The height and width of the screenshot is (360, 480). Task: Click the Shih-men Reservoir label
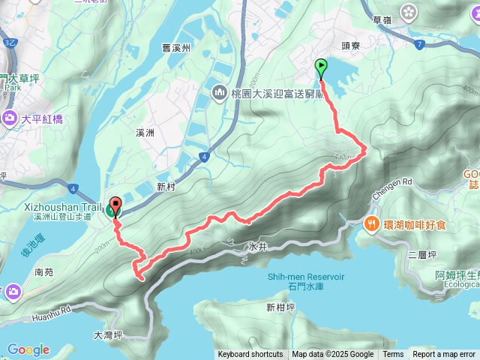coord(306,277)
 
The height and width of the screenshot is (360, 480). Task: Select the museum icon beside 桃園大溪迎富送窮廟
coord(220,94)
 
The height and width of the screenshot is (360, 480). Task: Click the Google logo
coord(28,349)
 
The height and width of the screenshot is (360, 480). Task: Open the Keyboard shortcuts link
coord(250,355)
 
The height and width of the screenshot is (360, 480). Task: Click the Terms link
coord(393,355)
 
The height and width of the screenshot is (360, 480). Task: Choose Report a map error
coord(445,355)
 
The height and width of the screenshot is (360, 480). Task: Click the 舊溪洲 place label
coord(177,48)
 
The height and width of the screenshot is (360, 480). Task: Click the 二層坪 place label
coord(421,255)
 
